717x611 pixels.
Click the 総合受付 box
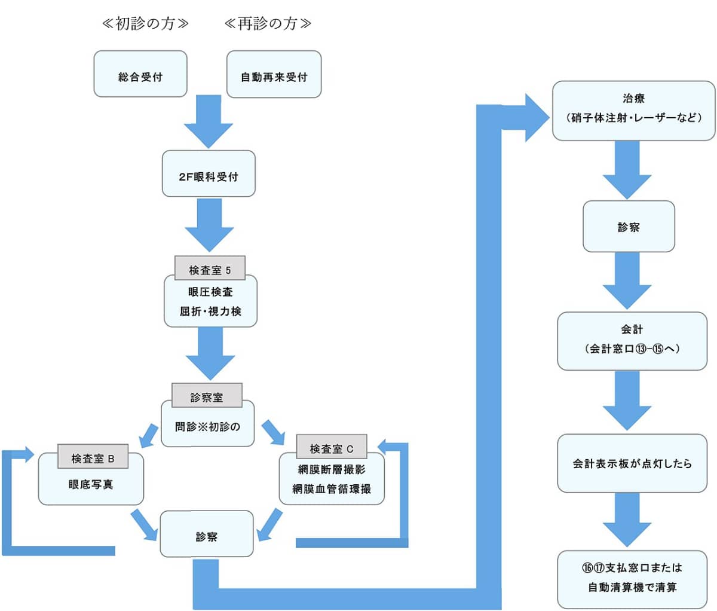(140, 74)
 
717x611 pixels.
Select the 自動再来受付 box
(274, 74)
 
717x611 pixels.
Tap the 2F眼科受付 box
(209, 173)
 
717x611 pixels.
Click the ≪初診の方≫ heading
(145, 23)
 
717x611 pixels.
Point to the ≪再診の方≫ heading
(268, 23)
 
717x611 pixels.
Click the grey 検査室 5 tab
(210, 268)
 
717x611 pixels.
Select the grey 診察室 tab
(207, 395)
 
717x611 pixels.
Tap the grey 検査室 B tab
(93, 456)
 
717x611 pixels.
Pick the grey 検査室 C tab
(332, 447)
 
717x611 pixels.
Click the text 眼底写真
(91, 484)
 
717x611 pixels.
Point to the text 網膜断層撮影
(332, 469)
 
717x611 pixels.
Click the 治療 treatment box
(633, 111)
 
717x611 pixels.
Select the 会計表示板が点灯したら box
(632, 463)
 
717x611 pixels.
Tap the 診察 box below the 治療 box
(629, 227)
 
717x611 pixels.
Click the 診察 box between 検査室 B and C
(206, 534)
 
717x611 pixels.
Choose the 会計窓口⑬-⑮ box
(632, 341)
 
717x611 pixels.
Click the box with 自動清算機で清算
(632, 579)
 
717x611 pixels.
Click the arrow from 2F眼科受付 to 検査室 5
(209, 225)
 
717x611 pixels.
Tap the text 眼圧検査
(210, 292)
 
